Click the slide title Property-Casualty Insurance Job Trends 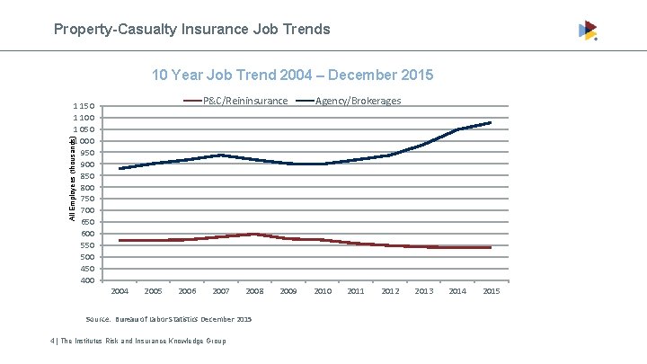pos(191,30)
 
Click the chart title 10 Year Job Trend pos(292,74)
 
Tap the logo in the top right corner pos(588,31)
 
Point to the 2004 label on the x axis pos(120,291)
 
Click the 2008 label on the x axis pos(254,291)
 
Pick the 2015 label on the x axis pos(491,291)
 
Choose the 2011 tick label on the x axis pos(356,291)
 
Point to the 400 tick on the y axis pos(87,280)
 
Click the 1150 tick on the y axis pos(85,107)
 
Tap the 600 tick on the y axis pos(87,234)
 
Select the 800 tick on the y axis pos(87,188)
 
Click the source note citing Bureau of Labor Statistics pos(168,319)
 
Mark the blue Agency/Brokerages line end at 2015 pos(491,122)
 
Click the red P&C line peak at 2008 pos(254,234)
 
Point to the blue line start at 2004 pos(120,168)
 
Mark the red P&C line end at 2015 pos(491,247)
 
